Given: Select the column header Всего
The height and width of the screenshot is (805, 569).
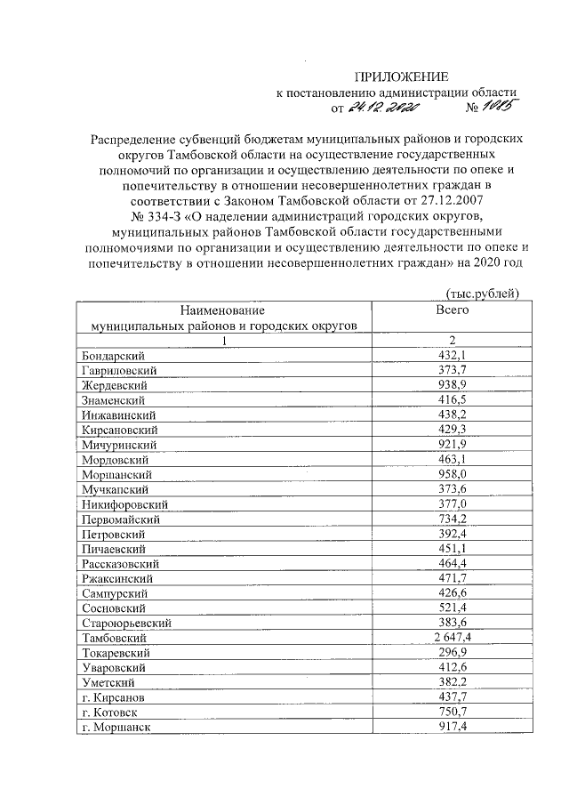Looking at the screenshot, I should click(x=452, y=310).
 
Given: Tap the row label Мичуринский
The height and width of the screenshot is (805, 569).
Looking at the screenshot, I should click(x=118, y=445).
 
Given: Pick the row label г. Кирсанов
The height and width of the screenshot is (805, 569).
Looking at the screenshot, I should click(x=113, y=697).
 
